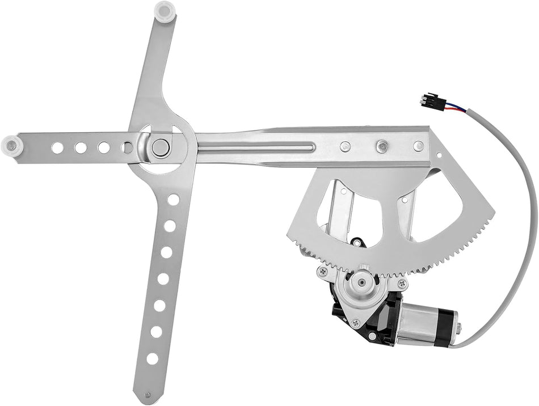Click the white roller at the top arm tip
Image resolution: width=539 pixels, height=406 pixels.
tap(165, 10)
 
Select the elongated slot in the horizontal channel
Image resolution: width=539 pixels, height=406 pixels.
tap(255, 149)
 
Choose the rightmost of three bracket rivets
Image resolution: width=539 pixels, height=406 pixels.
tap(418, 146)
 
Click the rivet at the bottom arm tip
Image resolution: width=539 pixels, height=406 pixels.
tap(148, 395)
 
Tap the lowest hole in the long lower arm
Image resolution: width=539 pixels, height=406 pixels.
tap(152, 358)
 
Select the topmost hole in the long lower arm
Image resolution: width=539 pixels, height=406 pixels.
tap(174, 200)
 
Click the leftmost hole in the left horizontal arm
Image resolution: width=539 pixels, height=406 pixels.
tap(57, 148)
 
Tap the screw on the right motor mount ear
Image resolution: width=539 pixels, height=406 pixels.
tap(402, 283)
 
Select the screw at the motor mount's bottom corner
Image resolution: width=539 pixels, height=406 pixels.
tap(355, 323)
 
